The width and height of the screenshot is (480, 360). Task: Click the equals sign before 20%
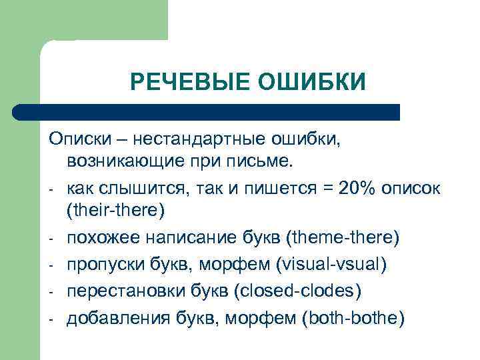point(327,189)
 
